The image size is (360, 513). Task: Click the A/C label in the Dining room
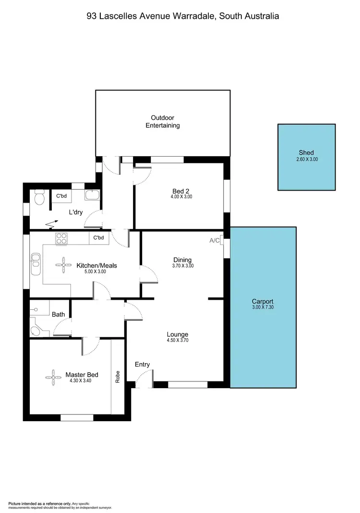point(214,241)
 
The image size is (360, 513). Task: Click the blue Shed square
point(306,157)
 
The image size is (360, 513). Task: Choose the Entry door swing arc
point(141,380)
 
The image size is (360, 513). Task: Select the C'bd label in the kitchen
point(98,237)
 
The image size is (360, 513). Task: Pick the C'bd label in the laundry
point(61,196)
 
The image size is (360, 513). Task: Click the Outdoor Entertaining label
point(162,122)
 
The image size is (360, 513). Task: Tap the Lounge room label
point(177,334)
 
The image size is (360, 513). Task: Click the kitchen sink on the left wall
point(36,264)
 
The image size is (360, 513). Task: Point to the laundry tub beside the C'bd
point(91,195)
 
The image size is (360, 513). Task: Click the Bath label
point(59,314)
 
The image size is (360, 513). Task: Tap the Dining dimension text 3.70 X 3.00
point(183,266)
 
